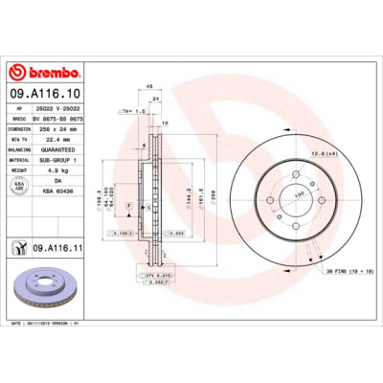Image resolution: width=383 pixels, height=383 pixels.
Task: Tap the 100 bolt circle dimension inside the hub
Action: [298, 194]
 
